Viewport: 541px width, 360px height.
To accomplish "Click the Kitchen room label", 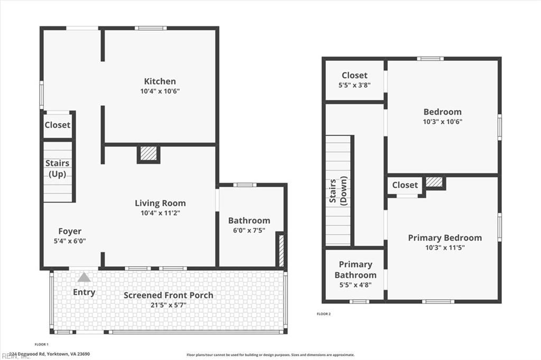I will [160, 81].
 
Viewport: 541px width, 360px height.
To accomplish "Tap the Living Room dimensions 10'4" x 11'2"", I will [160, 213].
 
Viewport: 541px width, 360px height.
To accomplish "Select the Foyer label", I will [70, 231].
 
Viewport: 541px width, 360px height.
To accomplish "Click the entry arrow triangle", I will [84, 277].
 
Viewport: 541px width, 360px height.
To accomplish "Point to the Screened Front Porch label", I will [169, 295].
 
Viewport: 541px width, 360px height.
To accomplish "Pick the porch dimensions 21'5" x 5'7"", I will [169, 305].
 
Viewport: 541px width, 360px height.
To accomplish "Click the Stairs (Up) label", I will [57, 169].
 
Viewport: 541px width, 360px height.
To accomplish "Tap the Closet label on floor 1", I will [57, 125].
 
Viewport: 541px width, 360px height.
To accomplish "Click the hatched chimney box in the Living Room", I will [149, 153].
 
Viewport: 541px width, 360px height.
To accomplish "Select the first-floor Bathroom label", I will [249, 220].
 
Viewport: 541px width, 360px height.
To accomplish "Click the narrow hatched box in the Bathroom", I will [281, 250].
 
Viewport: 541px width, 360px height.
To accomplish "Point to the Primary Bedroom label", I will [445, 238].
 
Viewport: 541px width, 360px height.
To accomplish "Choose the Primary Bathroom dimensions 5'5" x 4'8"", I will [356, 284].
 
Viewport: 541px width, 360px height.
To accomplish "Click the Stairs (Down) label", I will [338, 191].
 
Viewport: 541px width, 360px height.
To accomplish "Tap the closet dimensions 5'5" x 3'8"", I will [355, 85].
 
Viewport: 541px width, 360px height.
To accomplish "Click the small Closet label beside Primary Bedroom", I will [405, 185].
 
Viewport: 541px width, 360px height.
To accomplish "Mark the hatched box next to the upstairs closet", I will [434, 182].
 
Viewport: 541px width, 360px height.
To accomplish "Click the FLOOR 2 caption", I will [323, 314].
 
